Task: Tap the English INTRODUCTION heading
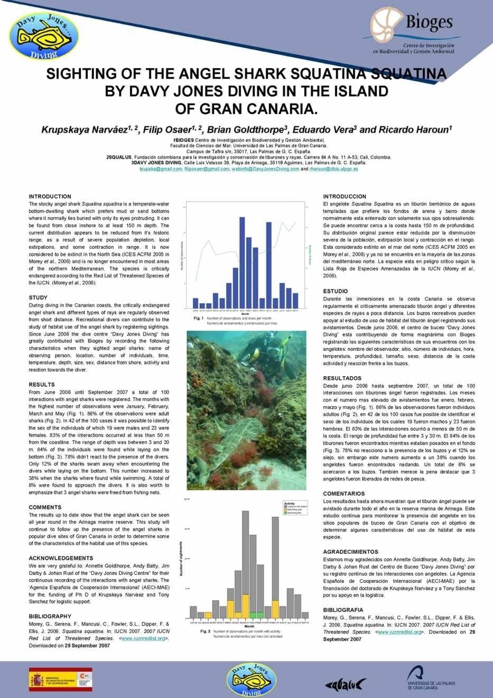pyautogui.click(x=50, y=197)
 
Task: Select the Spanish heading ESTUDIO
pyautogui.click(x=335, y=291)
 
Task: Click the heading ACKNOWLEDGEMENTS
pyautogui.click(x=61, y=558)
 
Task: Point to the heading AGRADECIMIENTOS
pyautogui.click(x=350, y=552)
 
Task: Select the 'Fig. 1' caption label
pyautogui.click(x=199, y=319)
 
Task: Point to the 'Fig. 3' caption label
pyautogui.click(x=206, y=631)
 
